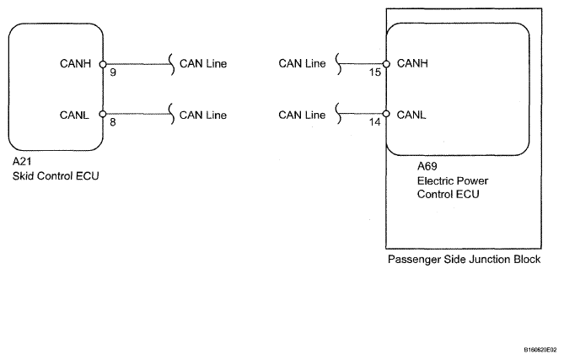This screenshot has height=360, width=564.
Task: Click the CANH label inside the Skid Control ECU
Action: (75, 64)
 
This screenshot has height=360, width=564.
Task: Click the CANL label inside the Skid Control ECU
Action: (74, 116)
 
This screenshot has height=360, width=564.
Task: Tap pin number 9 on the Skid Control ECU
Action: (113, 73)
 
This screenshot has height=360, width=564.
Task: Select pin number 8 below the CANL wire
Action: (113, 122)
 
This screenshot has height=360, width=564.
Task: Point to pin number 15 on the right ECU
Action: (374, 73)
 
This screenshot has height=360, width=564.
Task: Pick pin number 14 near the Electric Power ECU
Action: (374, 122)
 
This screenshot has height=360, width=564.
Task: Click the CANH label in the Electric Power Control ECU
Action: (412, 63)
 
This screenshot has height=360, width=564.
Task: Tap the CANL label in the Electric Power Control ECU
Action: (411, 116)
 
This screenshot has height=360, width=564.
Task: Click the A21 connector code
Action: (22, 162)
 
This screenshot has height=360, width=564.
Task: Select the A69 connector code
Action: (427, 166)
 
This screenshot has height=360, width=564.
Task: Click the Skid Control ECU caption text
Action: (56, 176)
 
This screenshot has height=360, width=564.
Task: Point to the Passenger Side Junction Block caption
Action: (464, 260)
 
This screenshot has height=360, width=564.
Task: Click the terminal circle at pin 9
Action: (103, 64)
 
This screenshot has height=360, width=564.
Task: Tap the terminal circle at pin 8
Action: (103, 114)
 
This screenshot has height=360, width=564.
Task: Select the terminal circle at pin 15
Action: (386, 64)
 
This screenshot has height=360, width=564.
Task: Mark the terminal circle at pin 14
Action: (386, 114)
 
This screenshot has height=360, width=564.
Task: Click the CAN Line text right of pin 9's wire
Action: (203, 64)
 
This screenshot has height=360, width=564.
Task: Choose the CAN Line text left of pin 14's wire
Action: (302, 116)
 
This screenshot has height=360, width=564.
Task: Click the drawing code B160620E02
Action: (540, 350)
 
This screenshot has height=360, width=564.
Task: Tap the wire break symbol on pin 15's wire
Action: (338, 64)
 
